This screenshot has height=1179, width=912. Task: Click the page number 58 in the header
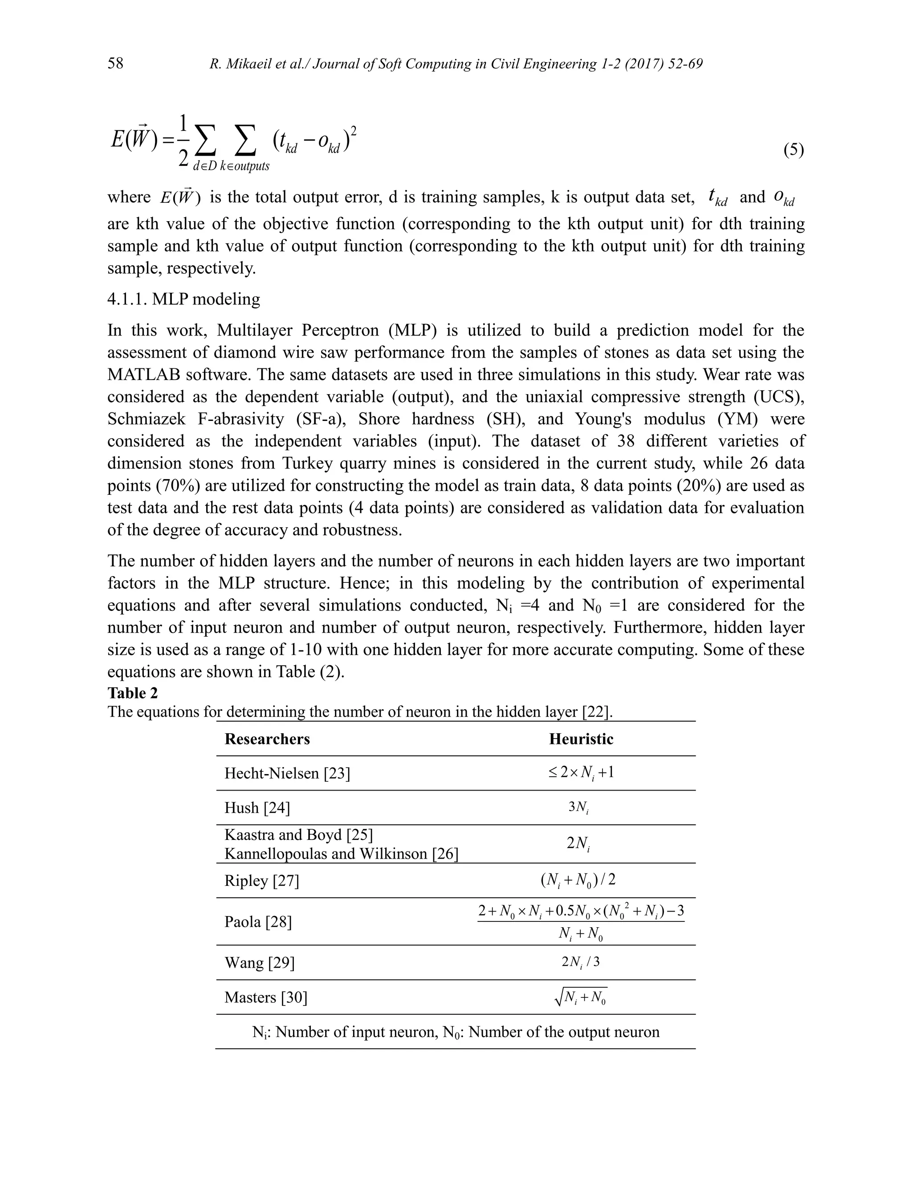pyautogui.click(x=115, y=64)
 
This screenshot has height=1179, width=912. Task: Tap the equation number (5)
pyautogui.click(x=793, y=149)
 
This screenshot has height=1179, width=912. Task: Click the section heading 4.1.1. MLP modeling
pyautogui.click(x=184, y=299)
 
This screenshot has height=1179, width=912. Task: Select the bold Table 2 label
pyautogui.click(x=132, y=693)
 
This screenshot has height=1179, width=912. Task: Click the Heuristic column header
pyautogui.click(x=581, y=739)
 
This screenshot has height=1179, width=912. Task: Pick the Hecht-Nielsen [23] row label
pyautogui.click(x=287, y=774)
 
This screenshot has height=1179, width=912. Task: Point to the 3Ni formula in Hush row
pyautogui.click(x=578, y=808)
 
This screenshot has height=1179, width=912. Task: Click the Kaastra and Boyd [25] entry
pyautogui.click(x=299, y=835)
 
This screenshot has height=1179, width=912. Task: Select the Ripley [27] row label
pyautogui.click(x=261, y=880)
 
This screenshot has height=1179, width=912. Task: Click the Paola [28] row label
pyautogui.click(x=258, y=921)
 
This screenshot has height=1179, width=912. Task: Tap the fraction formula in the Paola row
pyautogui.click(x=581, y=921)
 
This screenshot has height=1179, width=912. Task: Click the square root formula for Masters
pyautogui.click(x=581, y=997)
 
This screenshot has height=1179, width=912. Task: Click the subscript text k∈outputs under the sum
pyautogui.click(x=244, y=166)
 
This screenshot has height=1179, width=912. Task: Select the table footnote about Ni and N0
pyautogui.click(x=456, y=1032)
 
